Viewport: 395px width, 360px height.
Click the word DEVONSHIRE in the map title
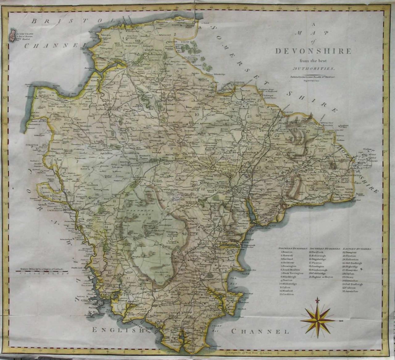tap(313, 51)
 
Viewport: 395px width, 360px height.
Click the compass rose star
tap(318, 320)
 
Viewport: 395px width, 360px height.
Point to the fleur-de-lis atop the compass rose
tap(317, 300)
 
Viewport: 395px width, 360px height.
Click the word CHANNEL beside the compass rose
tap(260, 332)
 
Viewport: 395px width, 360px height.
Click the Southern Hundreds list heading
tap(325, 248)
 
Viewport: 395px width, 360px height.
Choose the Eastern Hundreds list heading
tap(357, 248)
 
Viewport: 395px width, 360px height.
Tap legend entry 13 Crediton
tap(287, 294)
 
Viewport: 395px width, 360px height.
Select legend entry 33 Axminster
tap(350, 291)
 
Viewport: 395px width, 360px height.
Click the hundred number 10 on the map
tap(197, 114)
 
